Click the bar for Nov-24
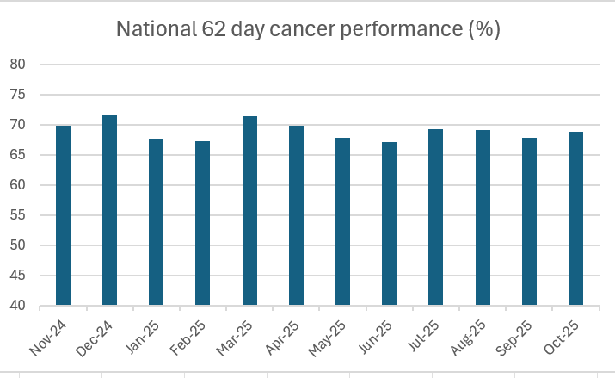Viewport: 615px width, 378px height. tap(63, 215)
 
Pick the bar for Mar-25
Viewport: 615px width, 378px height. tap(249, 211)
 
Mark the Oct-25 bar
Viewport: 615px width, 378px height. tap(575, 219)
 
